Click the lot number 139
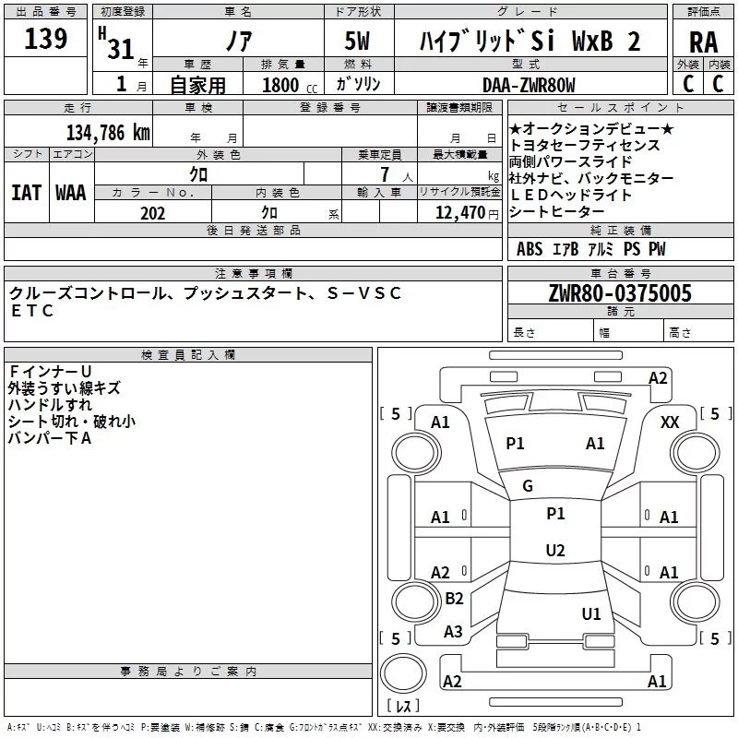pyautogui.click(x=46, y=39)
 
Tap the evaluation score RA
pyautogui.click(x=703, y=42)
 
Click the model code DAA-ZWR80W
pyautogui.click(x=530, y=85)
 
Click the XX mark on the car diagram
pyautogui.click(x=670, y=423)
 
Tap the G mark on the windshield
pyautogui.click(x=528, y=486)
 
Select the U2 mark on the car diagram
pyautogui.click(x=554, y=551)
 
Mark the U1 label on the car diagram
pyautogui.click(x=591, y=613)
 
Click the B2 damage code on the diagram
pyautogui.click(x=454, y=599)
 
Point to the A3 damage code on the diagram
pyautogui.click(x=453, y=632)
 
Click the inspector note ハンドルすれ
pyautogui.click(x=50, y=405)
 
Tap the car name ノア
pyautogui.click(x=238, y=42)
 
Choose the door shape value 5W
pyautogui.click(x=359, y=42)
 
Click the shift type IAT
pyautogui.click(x=26, y=193)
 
